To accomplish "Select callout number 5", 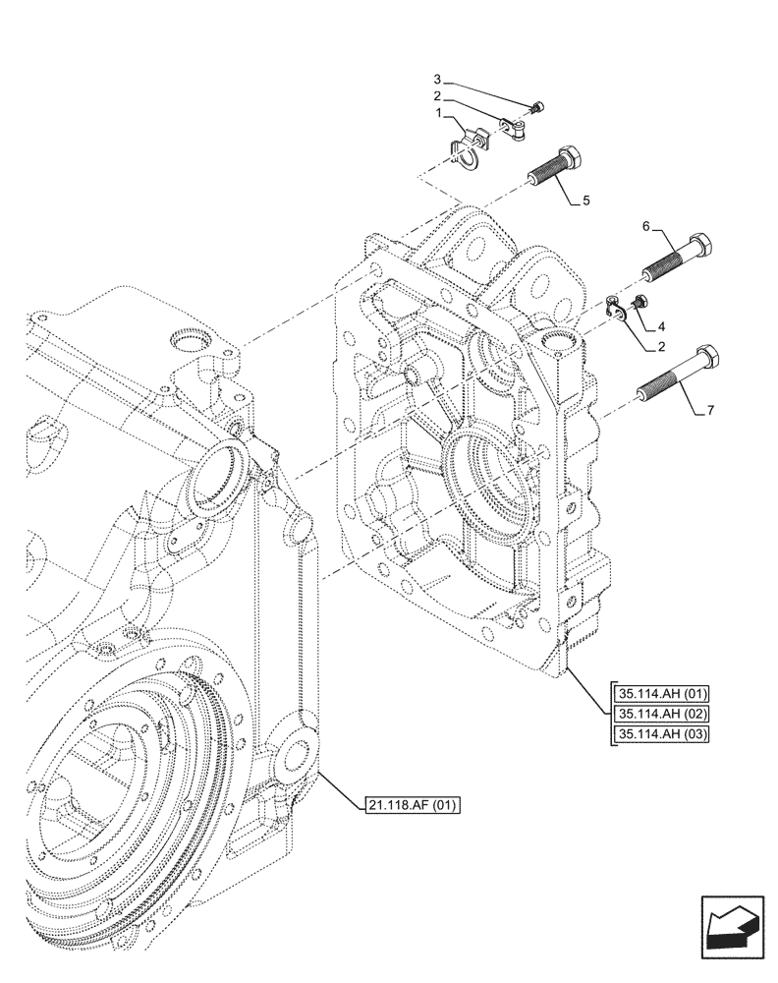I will pyautogui.click(x=586, y=202).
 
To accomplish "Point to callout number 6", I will pyautogui.click(x=646, y=227).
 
